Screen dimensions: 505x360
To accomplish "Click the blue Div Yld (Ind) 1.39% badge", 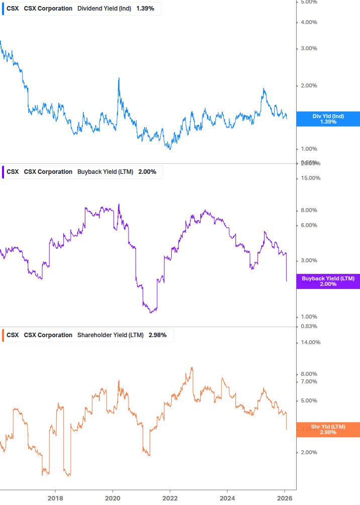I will [x=328, y=119].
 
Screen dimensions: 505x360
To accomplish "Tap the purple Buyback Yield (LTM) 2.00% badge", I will [x=328, y=281].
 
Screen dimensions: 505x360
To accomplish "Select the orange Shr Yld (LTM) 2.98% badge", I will [x=328, y=430].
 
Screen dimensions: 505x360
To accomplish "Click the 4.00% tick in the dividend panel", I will [x=309, y=22].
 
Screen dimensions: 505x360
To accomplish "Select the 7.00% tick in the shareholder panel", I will [x=309, y=382].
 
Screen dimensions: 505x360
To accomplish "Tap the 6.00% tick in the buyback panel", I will [x=309, y=225].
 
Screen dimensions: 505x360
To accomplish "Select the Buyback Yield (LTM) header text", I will [x=105, y=172].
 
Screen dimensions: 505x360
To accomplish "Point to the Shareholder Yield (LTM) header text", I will [x=110, y=335].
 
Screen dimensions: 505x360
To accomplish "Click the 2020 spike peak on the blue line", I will [x=119, y=78].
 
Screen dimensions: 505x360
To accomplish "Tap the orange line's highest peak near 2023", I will [x=192, y=367].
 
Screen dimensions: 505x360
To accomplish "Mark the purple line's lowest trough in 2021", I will [x=151, y=313].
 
